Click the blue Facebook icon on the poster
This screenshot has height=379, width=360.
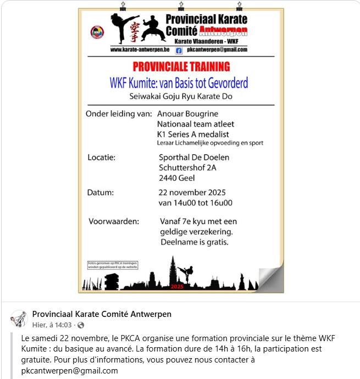(179, 50)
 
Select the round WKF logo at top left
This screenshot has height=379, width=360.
(97, 32)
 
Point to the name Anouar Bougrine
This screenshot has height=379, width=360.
(187, 114)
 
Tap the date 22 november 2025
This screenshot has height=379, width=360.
(192, 192)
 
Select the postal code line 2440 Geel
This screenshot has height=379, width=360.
(176, 178)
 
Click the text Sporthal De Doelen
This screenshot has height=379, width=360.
(193, 158)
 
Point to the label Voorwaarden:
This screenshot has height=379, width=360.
(114, 221)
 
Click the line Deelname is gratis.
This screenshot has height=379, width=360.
(194, 242)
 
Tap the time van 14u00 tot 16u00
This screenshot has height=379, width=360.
(195, 203)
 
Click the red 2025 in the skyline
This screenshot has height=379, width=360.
(177, 287)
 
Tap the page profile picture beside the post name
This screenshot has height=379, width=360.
(19, 319)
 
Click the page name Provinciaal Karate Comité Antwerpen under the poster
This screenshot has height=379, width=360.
(102, 314)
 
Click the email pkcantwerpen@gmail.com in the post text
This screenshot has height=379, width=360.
(70, 370)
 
